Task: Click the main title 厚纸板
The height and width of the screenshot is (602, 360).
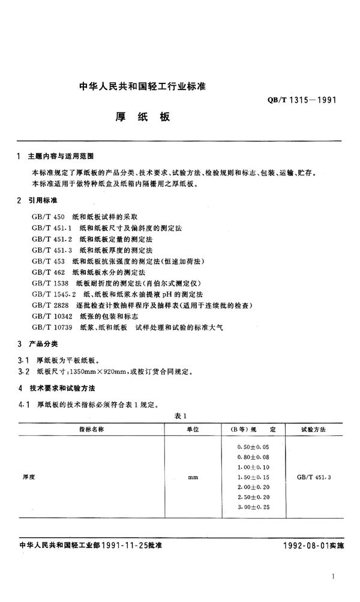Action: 142,117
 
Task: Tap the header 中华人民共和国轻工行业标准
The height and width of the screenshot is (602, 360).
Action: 142,86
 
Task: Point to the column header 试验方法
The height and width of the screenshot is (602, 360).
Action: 313,430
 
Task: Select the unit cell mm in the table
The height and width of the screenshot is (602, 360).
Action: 193,477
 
